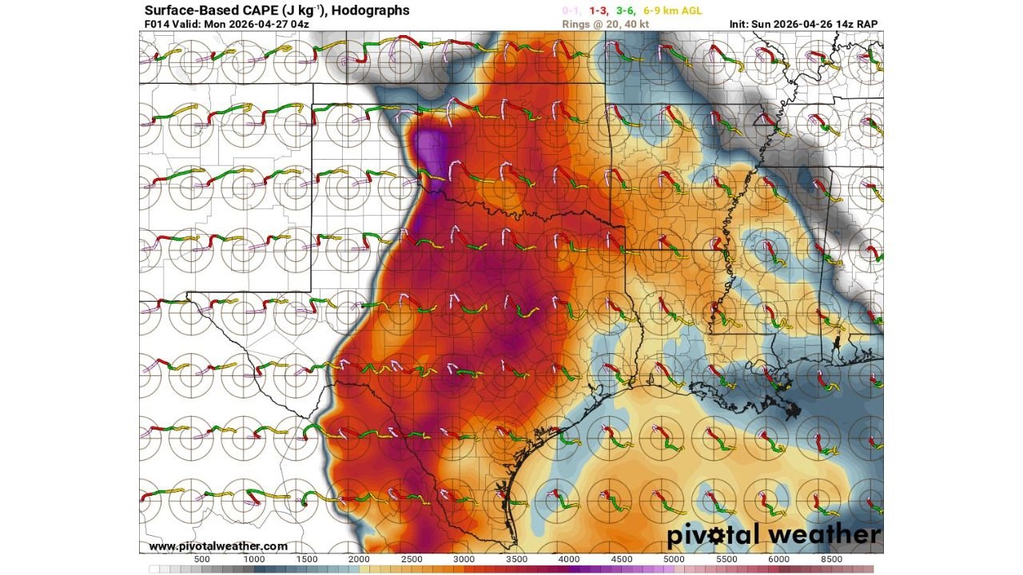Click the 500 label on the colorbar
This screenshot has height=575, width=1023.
click(x=202, y=560)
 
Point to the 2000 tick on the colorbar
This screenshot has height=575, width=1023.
click(x=360, y=560)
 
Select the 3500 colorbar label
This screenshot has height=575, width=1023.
click(x=517, y=560)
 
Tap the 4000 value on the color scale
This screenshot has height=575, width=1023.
click(x=569, y=560)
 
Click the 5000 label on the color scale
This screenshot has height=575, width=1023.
click(x=674, y=560)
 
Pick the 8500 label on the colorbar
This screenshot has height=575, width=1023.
click(x=831, y=560)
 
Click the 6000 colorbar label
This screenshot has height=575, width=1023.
click(x=778, y=560)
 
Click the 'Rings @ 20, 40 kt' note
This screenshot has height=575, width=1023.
click(x=601, y=24)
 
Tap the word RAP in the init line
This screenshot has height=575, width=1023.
click(x=866, y=24)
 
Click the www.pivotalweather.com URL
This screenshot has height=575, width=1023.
click(x=218, y=546)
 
